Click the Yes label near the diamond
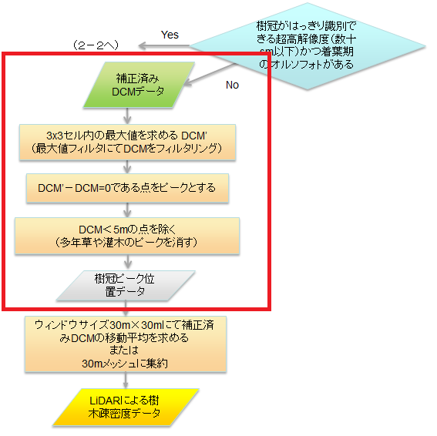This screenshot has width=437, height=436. click(170, 35)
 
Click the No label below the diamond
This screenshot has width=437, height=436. click(232, 85)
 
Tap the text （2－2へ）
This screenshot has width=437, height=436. click(96, 45)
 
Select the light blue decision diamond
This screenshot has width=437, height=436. click(308, 46)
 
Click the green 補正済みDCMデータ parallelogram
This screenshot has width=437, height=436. click(139, 85)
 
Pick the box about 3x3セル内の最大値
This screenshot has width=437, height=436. click(127, 143)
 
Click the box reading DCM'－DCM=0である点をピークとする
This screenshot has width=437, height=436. click(127, 188)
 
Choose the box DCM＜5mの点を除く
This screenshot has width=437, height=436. click(127, 236)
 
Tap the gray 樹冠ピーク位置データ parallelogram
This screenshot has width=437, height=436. click(126, 286)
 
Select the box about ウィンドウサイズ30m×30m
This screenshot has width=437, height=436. click(126, 344)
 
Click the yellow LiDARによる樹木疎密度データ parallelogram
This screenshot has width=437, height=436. click(126, 407)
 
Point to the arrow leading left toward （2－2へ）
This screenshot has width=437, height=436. click(164, 45)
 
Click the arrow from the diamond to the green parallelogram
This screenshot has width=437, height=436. click(210, 74)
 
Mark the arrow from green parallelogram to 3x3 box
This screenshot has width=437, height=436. click(127, 116)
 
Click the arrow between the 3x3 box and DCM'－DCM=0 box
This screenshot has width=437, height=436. click(127, 167)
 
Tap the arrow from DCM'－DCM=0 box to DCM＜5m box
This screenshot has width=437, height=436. click(127, 210)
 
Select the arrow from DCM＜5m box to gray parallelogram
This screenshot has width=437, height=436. click(128, 262)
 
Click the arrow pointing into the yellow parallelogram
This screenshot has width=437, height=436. click(126, 381)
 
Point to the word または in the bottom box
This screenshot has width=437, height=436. click(124, 350)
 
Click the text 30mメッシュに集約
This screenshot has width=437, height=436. click(125, 364)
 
